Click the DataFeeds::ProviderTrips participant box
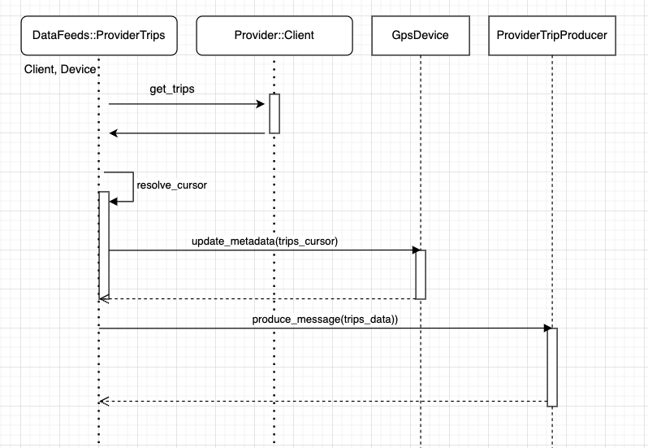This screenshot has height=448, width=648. coord(97,35)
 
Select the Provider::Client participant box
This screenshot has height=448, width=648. coord(274,35)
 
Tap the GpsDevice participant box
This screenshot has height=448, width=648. coord(421,35)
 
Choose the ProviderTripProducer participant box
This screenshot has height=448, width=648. coord(551,35)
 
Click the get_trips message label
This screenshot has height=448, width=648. coord(171,89)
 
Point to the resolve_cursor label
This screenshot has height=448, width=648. coord(171,185)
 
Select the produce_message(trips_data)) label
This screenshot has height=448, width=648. coord(325,320)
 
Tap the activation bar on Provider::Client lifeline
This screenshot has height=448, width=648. coord(274,114)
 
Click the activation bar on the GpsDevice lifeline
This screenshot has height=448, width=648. coord(421,274)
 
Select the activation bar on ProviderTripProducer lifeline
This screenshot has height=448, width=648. coord(552,367)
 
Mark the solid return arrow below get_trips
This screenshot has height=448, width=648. coord(187,133)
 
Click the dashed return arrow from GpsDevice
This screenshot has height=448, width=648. coord(260,299)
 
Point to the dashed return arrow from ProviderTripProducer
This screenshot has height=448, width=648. coord(325,401)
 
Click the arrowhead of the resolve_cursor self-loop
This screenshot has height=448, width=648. coord(113,201)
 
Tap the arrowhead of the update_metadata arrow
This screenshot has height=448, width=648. coord(412,250)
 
